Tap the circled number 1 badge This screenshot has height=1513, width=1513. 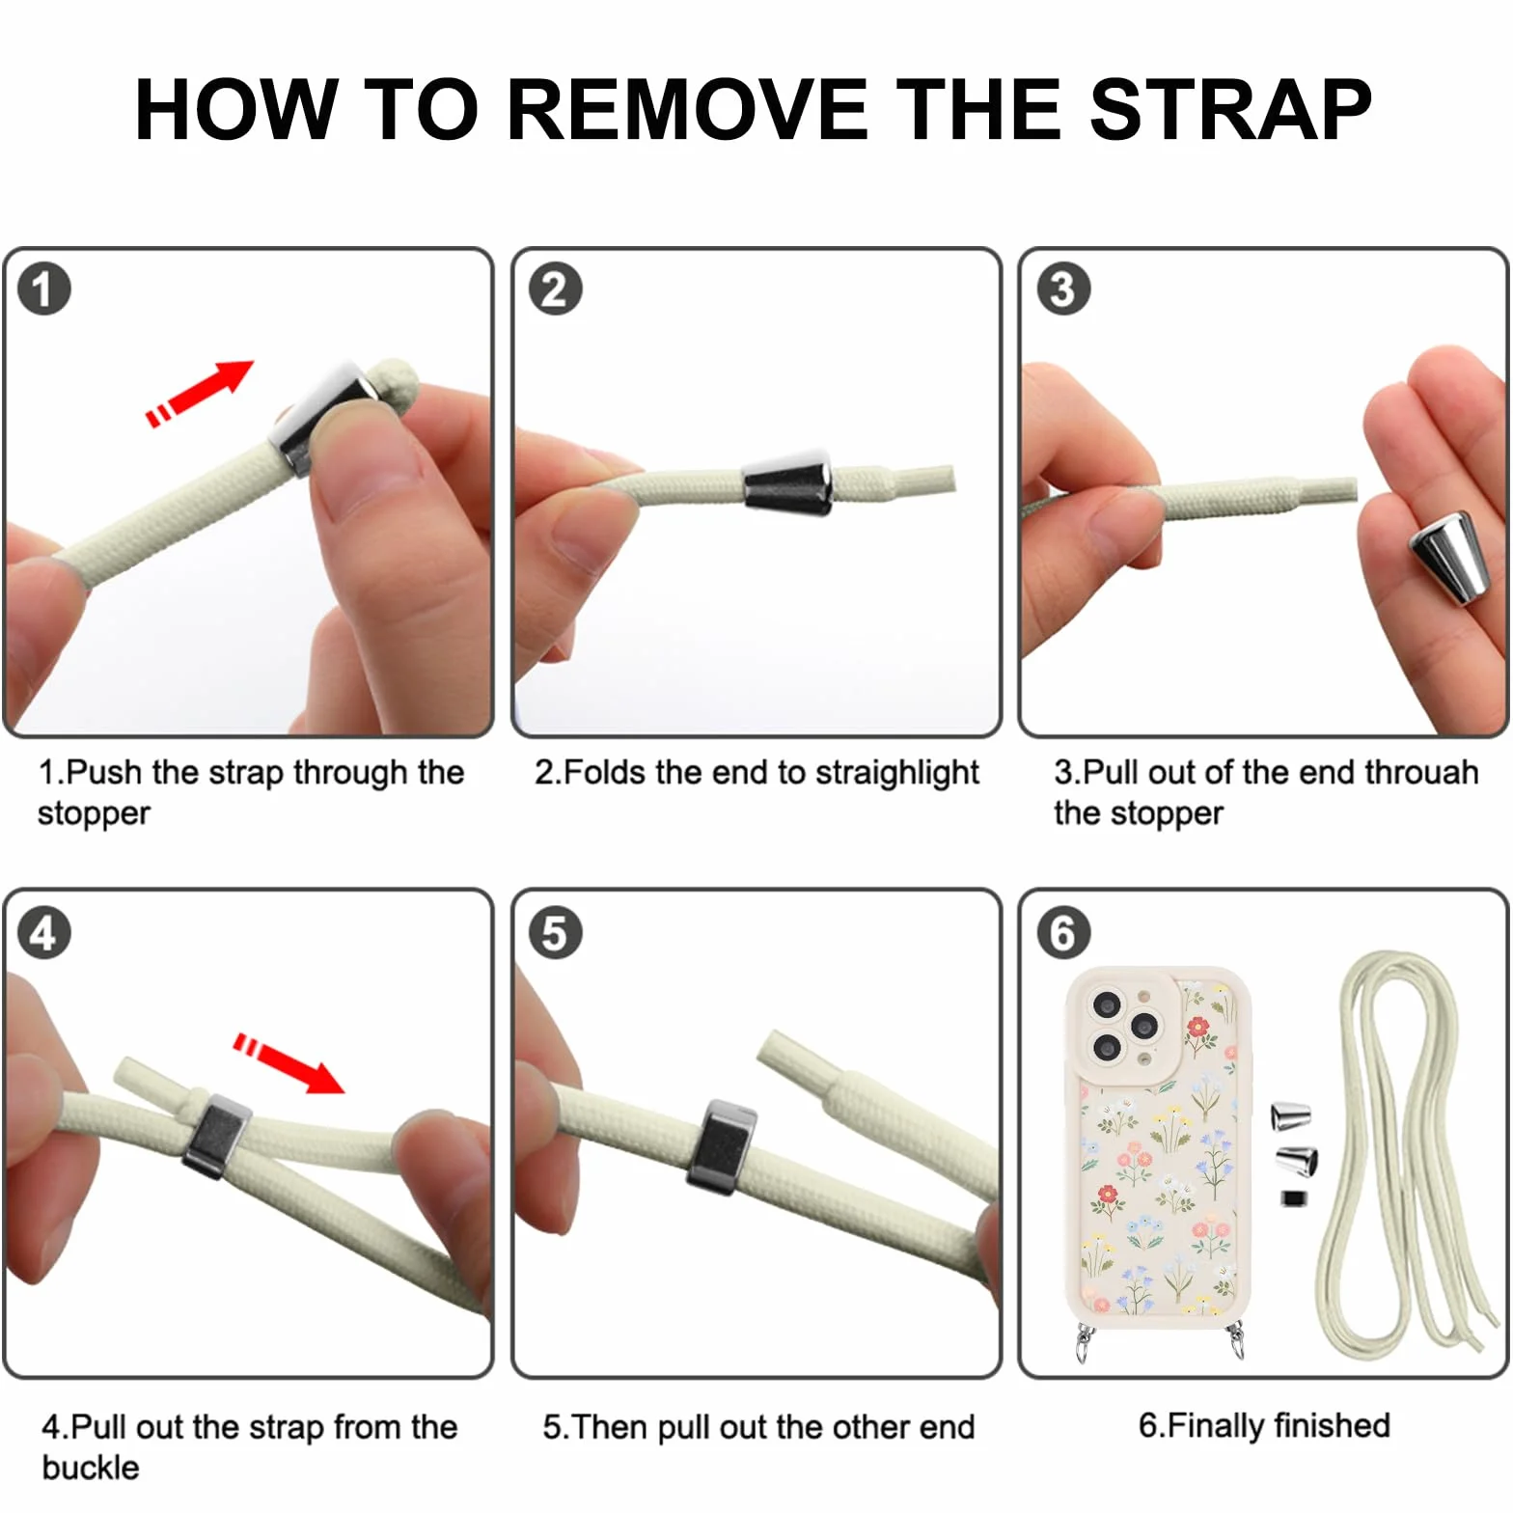point(44,289)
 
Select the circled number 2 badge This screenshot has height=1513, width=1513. point(555,289)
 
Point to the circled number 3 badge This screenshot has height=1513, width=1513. point(1063,289)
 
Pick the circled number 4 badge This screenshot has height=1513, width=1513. point(44,933)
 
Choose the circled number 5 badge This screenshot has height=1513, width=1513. point(555,933)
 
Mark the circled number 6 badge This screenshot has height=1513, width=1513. point(1063,933)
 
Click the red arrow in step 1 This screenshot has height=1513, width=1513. point(200,393)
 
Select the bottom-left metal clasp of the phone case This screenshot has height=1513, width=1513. point(1087,1342)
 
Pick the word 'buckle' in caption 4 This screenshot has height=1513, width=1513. point(91,1468)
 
